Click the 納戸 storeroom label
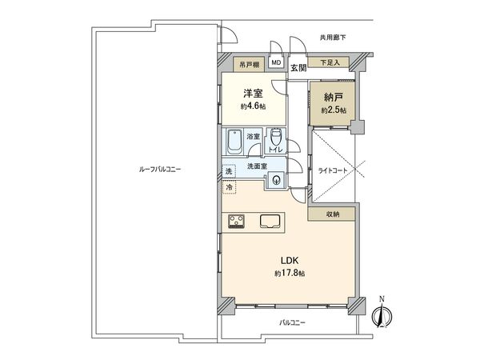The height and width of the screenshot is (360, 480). point(333,97)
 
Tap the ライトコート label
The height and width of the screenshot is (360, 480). point(334,170)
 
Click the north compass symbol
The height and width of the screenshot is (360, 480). point(382,314)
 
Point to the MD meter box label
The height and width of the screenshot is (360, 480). point(276,62)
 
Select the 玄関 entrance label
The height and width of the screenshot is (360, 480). point(298,67)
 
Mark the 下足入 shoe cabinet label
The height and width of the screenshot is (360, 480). point(330,62)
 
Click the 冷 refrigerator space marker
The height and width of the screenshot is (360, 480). point(228,187)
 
